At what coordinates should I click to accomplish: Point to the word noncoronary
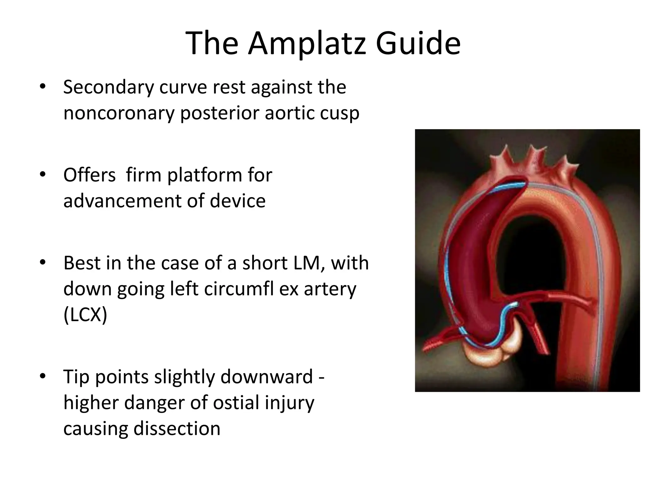click(x=119, y=113)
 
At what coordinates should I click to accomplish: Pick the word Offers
click(x=89, y=175)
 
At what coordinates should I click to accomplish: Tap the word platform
click(x=206, y=176)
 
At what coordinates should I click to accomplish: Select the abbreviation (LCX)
click(x=85, y=315)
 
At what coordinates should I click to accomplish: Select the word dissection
click(x=177, y=428)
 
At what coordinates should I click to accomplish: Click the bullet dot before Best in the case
click(x=43, y=262)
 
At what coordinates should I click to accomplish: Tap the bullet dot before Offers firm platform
click(x=43, y=175)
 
